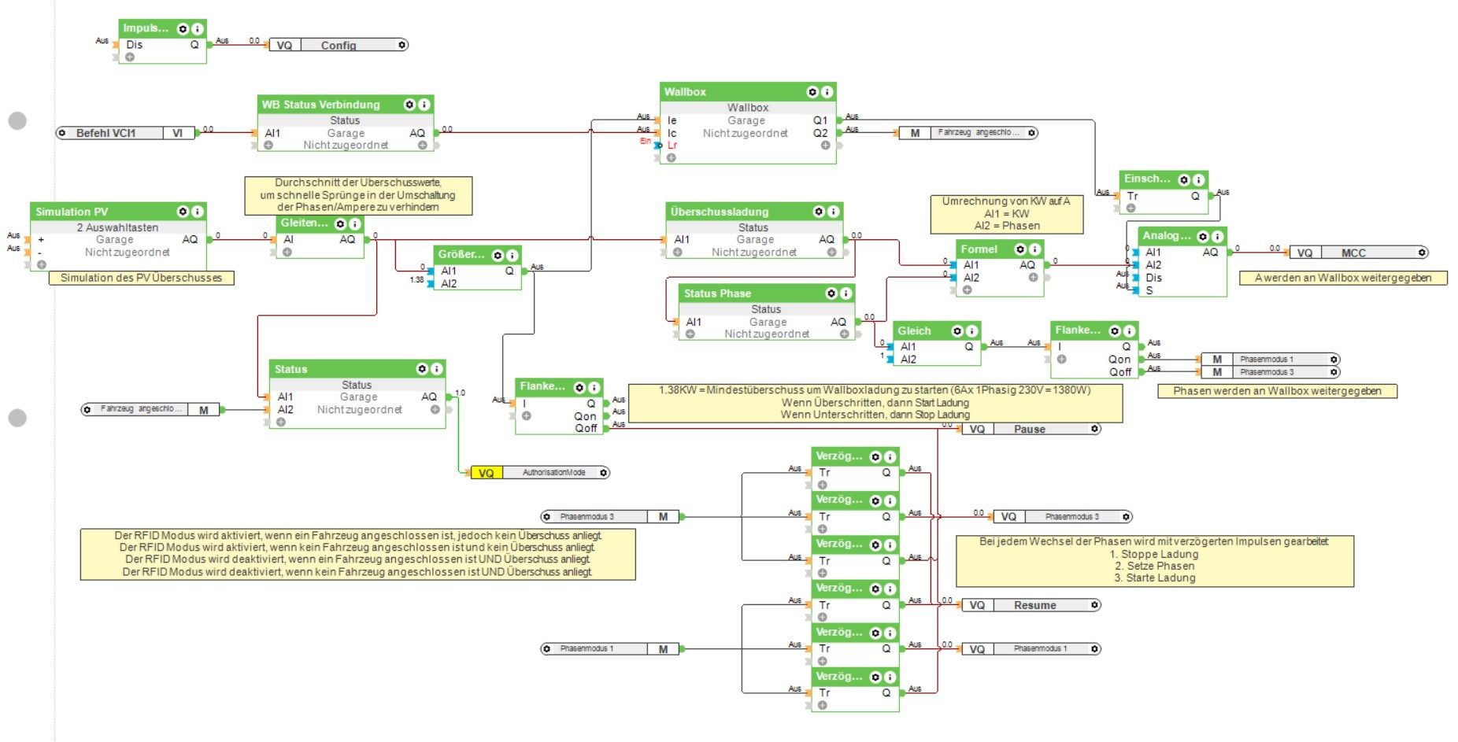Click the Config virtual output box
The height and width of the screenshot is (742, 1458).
[339, 46]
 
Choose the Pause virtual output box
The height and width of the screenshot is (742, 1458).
[1030, 429]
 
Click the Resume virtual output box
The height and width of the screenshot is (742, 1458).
[1034, 605]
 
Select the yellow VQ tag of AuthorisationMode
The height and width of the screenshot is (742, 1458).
[487, 473]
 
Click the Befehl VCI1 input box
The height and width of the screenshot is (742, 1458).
[106, 133]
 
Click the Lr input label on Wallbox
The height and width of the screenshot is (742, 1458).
[672, 146]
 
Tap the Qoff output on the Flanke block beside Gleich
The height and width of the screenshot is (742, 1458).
[1119, 372]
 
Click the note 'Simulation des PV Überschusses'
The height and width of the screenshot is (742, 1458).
[142, 278]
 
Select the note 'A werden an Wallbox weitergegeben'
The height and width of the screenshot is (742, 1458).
[1343, 278]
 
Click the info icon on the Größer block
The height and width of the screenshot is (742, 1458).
[512, 256]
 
